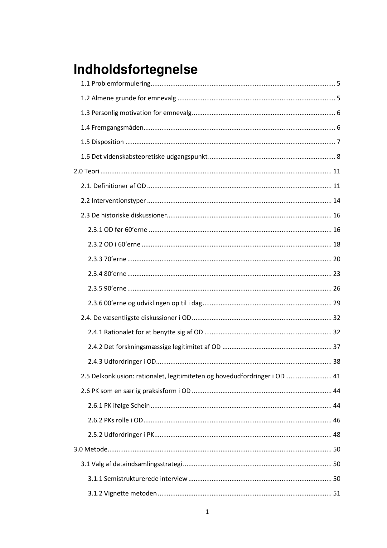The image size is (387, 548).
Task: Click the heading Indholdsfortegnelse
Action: click(135, 69)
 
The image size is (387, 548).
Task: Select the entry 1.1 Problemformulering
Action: click(116, 83)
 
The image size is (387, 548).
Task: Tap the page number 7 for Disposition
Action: click(338, 142)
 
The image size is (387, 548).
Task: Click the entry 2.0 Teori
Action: click(86, 171)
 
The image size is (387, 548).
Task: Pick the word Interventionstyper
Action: click(119, 201)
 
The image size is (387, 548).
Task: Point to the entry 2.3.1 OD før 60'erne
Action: click(118, 230)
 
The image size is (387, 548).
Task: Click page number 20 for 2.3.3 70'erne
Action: click(336, 259)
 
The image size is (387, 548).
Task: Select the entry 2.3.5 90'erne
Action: click(107, 288)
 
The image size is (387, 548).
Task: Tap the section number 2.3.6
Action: click(95, 303)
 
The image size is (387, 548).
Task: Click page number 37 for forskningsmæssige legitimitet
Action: click(336, 347)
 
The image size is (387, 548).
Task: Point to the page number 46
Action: click(336, 420)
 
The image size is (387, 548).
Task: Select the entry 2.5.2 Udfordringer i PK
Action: click(121, 435)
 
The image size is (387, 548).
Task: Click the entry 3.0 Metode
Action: click(90, 449)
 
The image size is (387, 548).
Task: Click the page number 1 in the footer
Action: click(207, 512)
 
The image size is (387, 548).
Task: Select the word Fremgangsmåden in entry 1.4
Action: click(117, 127)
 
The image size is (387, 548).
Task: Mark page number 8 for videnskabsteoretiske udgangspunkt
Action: click(338, 157)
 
